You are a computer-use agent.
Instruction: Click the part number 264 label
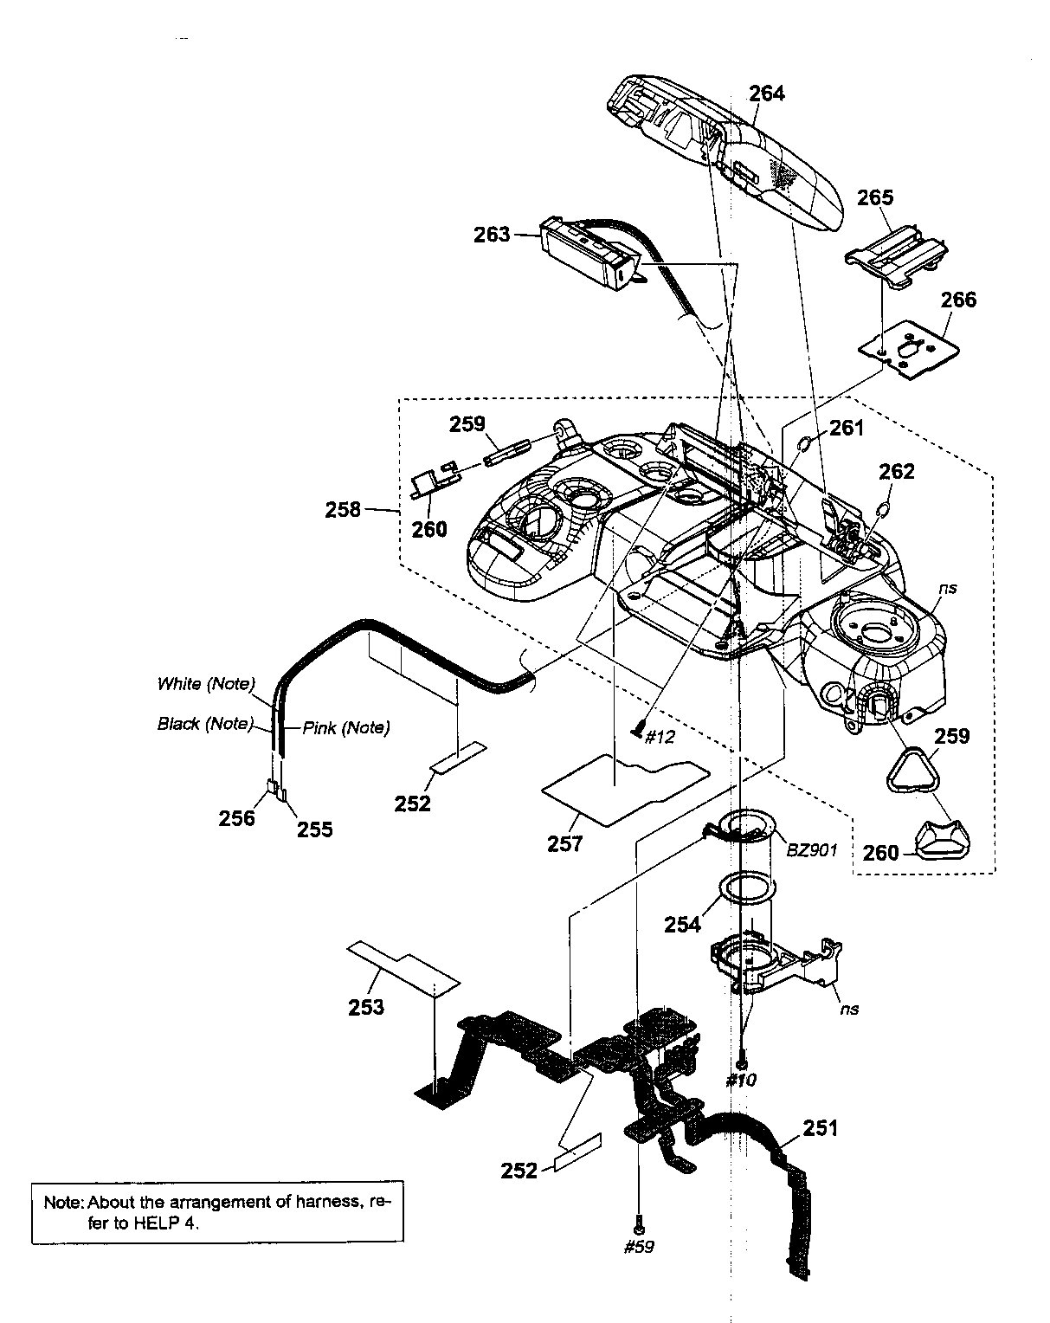pos(766,93)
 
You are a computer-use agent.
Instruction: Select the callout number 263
pos(492,234)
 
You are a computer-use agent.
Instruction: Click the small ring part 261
pos(802,444)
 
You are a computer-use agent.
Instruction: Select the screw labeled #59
pos(638,1229)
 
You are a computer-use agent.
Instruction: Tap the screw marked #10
pos(741,1062)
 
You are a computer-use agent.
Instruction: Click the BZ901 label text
pos(811,849)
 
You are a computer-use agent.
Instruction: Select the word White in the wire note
pos(178,684)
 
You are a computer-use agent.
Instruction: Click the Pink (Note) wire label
pos(345,728)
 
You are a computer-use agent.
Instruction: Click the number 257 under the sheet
pos(565,843)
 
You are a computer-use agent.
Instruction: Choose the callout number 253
pos(366,1007)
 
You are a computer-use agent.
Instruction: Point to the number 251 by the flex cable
pos(820,1127)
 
